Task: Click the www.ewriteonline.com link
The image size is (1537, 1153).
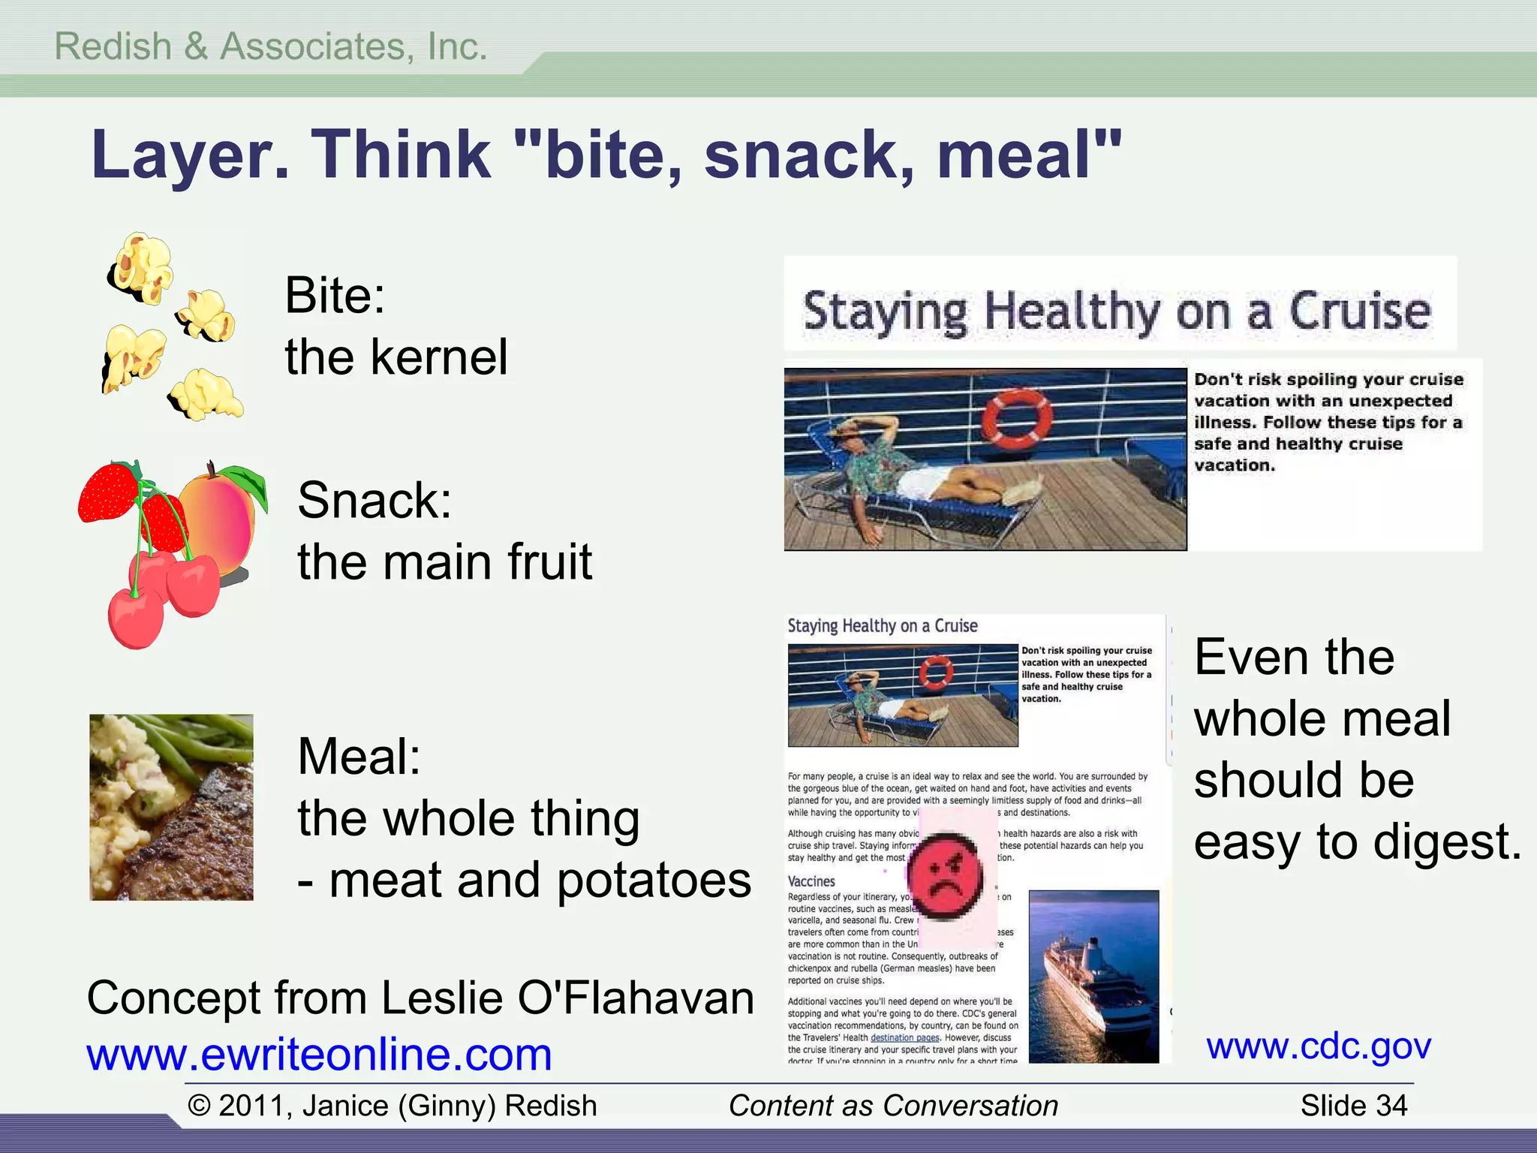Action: [x=319, y=1054]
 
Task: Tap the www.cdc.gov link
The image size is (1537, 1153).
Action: [x=1319, y=1045]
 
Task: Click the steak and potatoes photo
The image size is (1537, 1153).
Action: [x=171, y=807]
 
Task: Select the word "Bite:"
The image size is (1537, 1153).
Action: [x=335, y=295]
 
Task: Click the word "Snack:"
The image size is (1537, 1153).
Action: [x=374, y=500]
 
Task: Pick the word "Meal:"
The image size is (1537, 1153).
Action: [x=359, y=756]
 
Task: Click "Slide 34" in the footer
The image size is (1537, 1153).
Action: [x=1353, y=1106]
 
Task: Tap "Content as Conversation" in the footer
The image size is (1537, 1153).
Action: [x=893, y=1106]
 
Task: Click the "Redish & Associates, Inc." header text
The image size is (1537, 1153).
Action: [x=271, y=47]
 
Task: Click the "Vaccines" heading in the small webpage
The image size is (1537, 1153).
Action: [x=811, y=881]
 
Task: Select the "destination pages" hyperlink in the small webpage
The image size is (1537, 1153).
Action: [x=904, y=1037]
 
